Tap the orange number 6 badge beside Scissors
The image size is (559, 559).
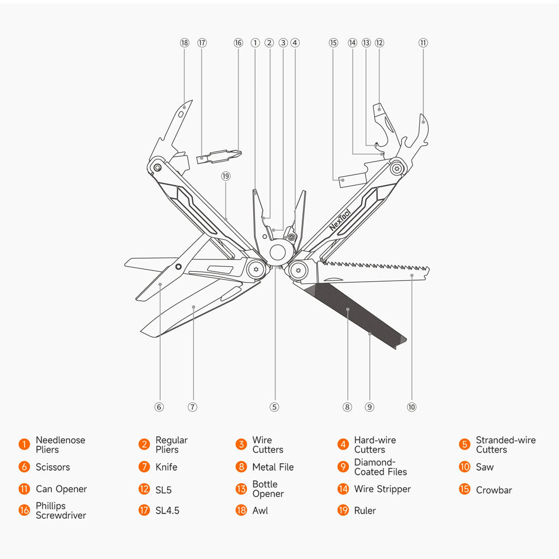point(24,467)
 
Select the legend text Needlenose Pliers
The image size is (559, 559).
point(60,445)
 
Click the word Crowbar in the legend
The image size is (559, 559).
point(494,490)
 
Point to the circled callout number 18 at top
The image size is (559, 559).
point(184,43)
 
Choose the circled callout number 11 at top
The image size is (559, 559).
point(423,43)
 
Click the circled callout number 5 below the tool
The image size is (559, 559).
point(274,407)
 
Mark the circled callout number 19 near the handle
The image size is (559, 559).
point(226,176)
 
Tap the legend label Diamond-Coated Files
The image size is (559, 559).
point(380,467)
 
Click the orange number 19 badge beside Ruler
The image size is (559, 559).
point(343,510)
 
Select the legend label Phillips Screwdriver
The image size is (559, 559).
point(60,510)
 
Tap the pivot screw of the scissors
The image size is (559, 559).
point(178,267)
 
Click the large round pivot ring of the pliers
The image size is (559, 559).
point(277,253)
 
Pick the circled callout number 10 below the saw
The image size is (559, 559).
point(412,407)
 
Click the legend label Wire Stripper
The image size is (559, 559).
point(382,489)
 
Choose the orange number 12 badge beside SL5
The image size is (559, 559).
point(144,489)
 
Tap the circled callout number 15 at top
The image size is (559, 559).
point(334,43)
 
